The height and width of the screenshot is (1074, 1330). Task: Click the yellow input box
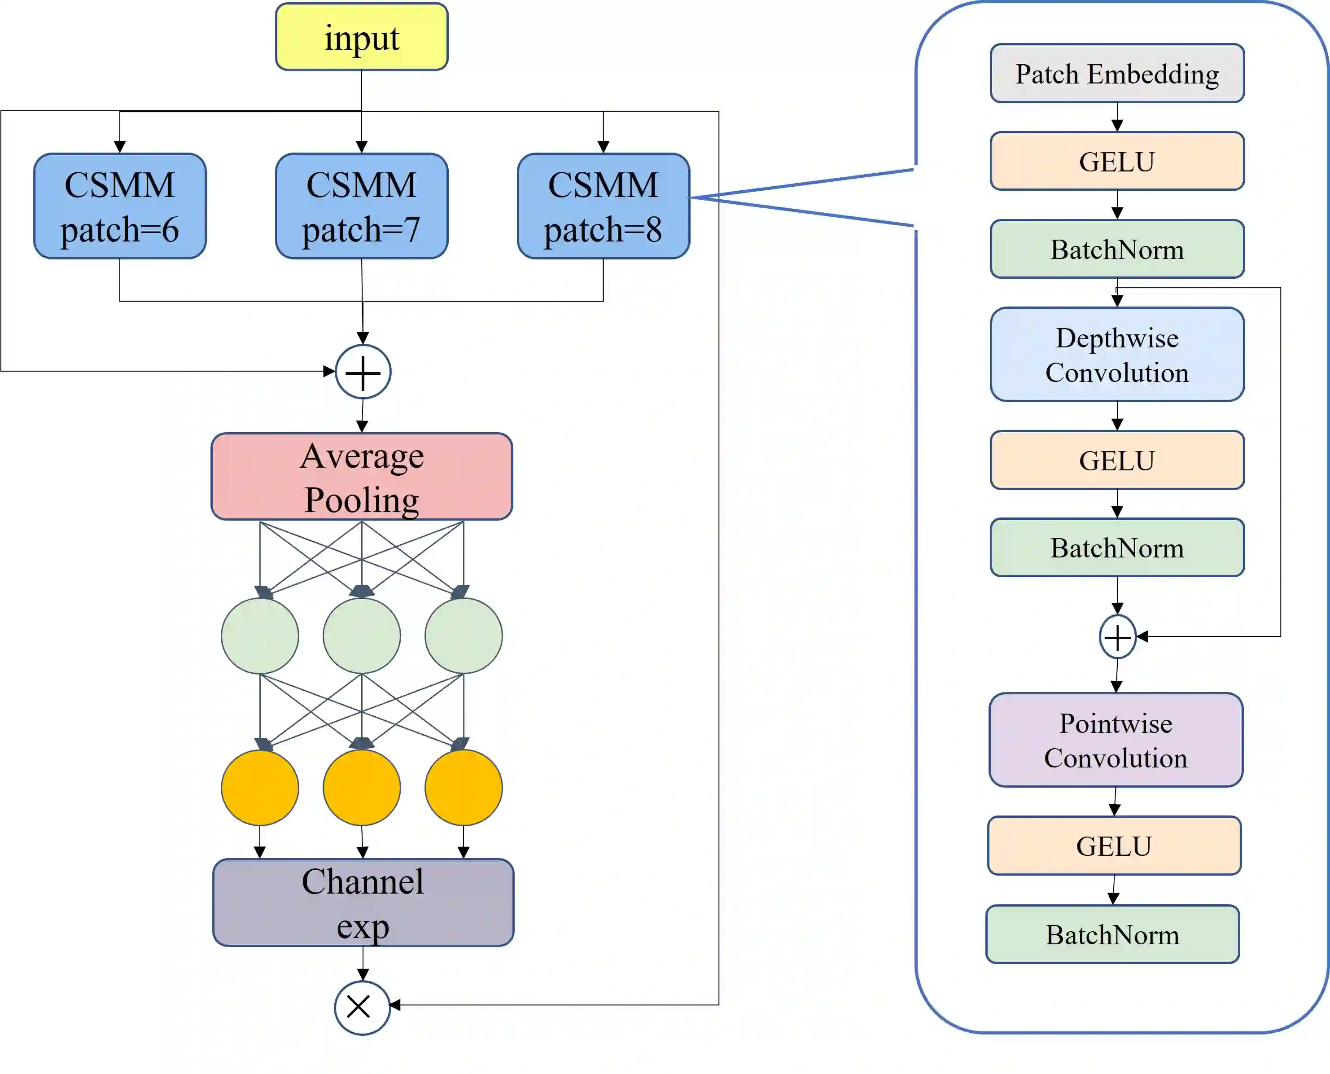[361, 37]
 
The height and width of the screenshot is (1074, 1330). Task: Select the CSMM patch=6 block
[120, 206]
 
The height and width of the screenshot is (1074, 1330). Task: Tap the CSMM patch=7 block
[361, 206]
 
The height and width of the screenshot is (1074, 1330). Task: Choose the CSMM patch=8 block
[603, 206]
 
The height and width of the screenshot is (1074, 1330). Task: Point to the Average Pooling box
[361, 476]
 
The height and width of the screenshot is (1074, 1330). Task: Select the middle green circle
[361, 636]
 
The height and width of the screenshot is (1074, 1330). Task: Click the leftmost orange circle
[260, 788]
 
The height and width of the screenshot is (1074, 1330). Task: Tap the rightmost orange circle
[464, 788]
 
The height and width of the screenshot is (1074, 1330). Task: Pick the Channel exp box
[363, 902]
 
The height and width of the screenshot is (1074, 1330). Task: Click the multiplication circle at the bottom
[362, 1007]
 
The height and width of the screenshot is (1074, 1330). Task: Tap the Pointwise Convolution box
[1116, 740]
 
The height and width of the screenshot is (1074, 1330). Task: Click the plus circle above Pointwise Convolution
[1117, 636]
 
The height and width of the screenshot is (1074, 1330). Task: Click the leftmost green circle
[260, 636]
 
